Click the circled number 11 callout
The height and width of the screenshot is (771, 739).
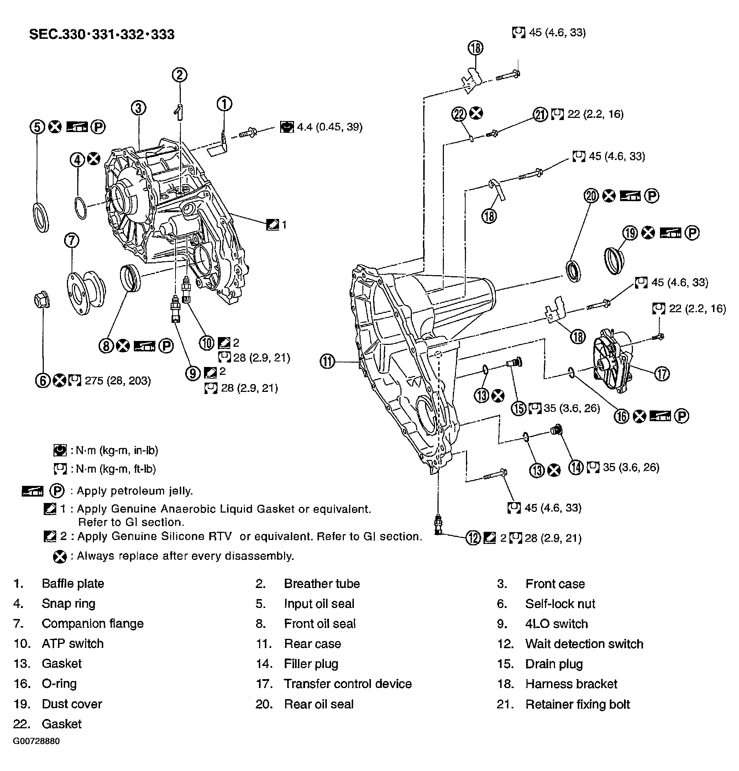(327, 361)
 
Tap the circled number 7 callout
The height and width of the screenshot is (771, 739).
(72, 240)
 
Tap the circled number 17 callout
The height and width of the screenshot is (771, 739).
(662, 373)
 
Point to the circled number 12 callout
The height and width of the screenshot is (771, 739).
(473, 538)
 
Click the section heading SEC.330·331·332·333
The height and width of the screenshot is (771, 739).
(101, 35)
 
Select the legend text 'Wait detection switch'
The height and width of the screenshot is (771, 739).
(584, 644)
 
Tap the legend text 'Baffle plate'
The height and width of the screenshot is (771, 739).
(73, 583)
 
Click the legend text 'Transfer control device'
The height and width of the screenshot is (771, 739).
(348, 684)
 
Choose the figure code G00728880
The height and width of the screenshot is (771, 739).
(36, 741)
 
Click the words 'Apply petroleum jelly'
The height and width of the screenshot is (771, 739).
(134, 491)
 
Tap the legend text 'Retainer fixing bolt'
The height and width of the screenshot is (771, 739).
(577, 704)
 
